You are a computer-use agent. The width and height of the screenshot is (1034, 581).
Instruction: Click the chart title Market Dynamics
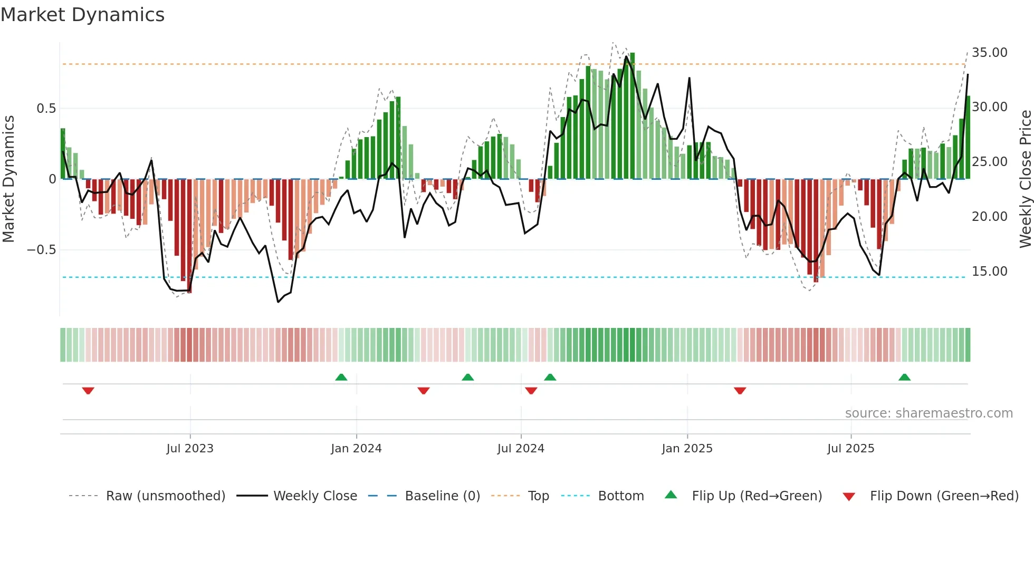(x=82, y=15)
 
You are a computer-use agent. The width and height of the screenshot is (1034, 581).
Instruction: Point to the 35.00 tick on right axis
(x=989, y=53)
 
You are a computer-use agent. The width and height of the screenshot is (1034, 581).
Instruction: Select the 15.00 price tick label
(x=989, y=272)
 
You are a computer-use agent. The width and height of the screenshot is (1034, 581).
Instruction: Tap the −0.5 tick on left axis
(x=41, y=250)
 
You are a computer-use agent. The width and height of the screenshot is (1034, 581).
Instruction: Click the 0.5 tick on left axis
(x=46, y=109)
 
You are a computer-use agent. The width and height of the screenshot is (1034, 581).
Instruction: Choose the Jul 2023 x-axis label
(x=190, y=449)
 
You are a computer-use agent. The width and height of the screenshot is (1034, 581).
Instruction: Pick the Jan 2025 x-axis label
(x=687, y=449)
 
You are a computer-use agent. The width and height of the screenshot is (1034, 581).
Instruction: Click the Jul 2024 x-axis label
(x=521, y=449)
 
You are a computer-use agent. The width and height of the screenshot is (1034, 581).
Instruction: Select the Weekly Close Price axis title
(x=1025, y=179)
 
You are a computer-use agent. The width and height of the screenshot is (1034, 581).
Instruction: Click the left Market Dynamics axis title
(x=8, y=179)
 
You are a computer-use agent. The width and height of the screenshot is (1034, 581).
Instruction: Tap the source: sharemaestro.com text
(x=928, y=413)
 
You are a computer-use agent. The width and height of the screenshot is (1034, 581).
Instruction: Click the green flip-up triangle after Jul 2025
(x=904, y=377)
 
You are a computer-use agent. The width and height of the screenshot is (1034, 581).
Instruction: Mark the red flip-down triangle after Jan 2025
(x=740, y=391)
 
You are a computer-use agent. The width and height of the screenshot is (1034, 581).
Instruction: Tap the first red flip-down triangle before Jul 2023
(x=88, y=391)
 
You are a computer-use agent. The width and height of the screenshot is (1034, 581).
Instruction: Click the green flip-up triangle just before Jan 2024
(x=341, y=377)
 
